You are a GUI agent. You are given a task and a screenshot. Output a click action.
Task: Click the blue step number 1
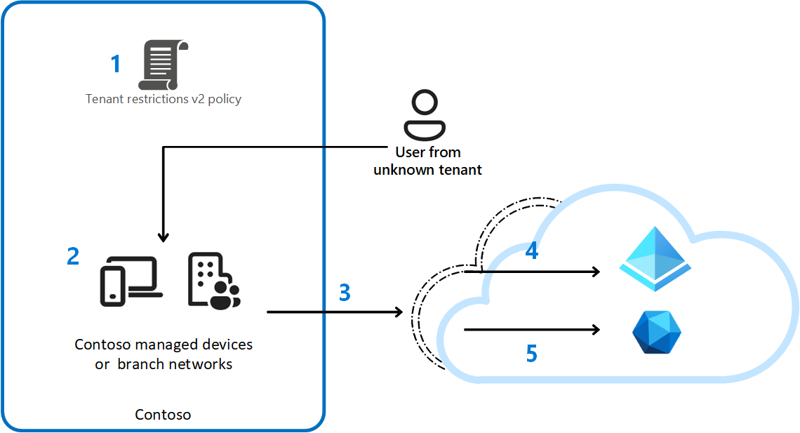tap(116, 65)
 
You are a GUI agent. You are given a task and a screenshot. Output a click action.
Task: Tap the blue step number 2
tap(73, 256)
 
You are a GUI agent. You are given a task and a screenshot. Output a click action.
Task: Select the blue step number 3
tap(345, 293)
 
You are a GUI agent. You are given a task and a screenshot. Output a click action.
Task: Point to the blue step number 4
tap(532, 251)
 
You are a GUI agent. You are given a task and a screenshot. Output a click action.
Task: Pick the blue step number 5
tap(532, 353)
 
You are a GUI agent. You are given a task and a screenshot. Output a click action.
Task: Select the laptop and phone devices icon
tap(131, 281)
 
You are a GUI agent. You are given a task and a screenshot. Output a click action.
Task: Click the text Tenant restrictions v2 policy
tap(164, 99)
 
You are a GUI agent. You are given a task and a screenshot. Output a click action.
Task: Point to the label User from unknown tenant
tap(427, 161)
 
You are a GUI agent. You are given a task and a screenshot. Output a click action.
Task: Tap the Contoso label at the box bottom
tap(163, 415)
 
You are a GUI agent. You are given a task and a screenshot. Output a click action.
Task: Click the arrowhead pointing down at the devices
tap(163, 237)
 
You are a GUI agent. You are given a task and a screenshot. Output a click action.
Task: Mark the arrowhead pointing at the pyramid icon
tap(596, 272)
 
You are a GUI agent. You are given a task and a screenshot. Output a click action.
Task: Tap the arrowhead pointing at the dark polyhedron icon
tap(596, 329)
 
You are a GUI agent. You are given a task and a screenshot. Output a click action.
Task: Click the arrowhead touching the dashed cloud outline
tap(399, 311)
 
